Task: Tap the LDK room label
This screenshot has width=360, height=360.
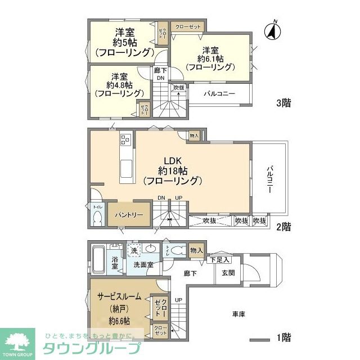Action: [172, 160]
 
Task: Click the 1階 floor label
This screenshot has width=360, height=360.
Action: [283, 338]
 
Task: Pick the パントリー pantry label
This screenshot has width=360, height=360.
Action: [129, 215]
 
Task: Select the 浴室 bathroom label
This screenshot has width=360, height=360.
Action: [115, 263]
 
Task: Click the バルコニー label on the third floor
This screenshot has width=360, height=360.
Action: [219, 93]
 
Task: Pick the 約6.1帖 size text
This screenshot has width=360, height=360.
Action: [210, 58]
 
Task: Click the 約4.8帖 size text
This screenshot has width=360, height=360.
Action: [119, 85]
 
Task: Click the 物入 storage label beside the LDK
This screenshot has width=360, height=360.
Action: [194, 136]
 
